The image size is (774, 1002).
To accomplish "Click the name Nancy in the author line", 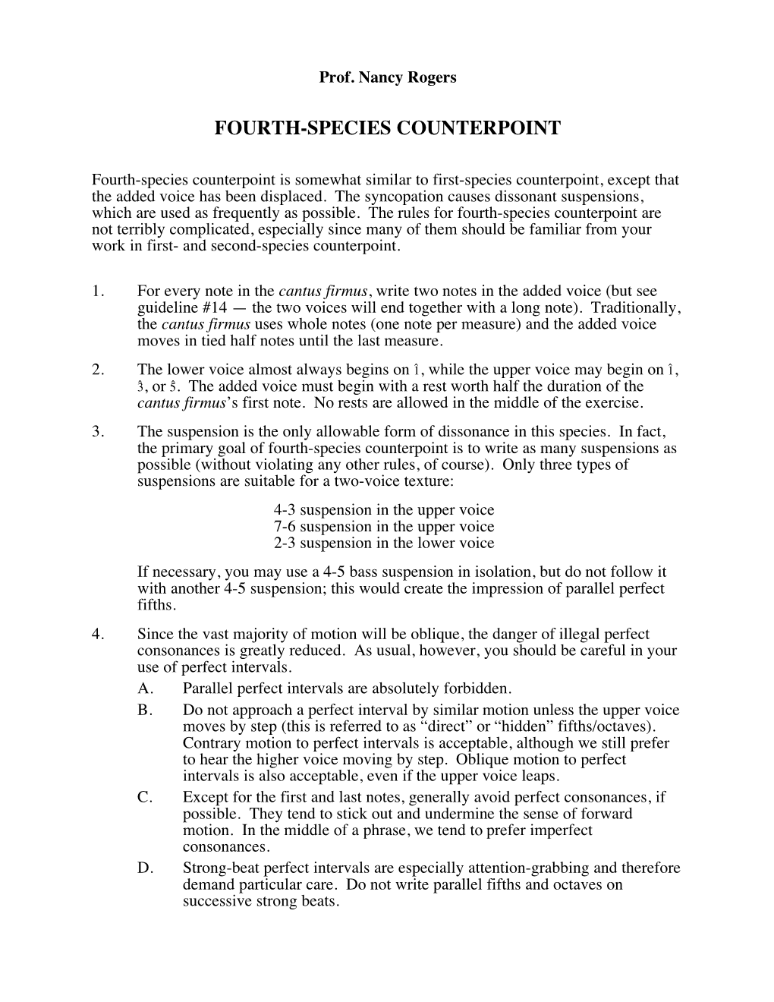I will [x=376, y=77].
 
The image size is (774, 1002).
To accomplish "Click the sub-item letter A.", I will [x=146, y=689].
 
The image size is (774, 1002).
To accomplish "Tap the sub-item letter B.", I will [x=146, y=711].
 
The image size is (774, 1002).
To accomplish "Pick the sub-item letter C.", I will [x=146, y=797].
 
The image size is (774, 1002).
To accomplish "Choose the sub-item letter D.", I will [x=146, y=868].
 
